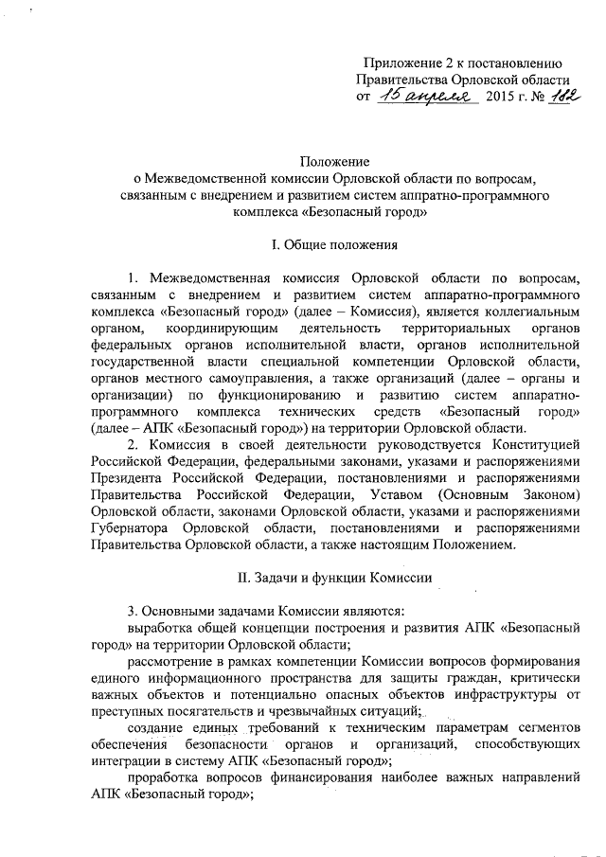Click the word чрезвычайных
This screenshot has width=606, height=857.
click(x=294, y=710)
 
